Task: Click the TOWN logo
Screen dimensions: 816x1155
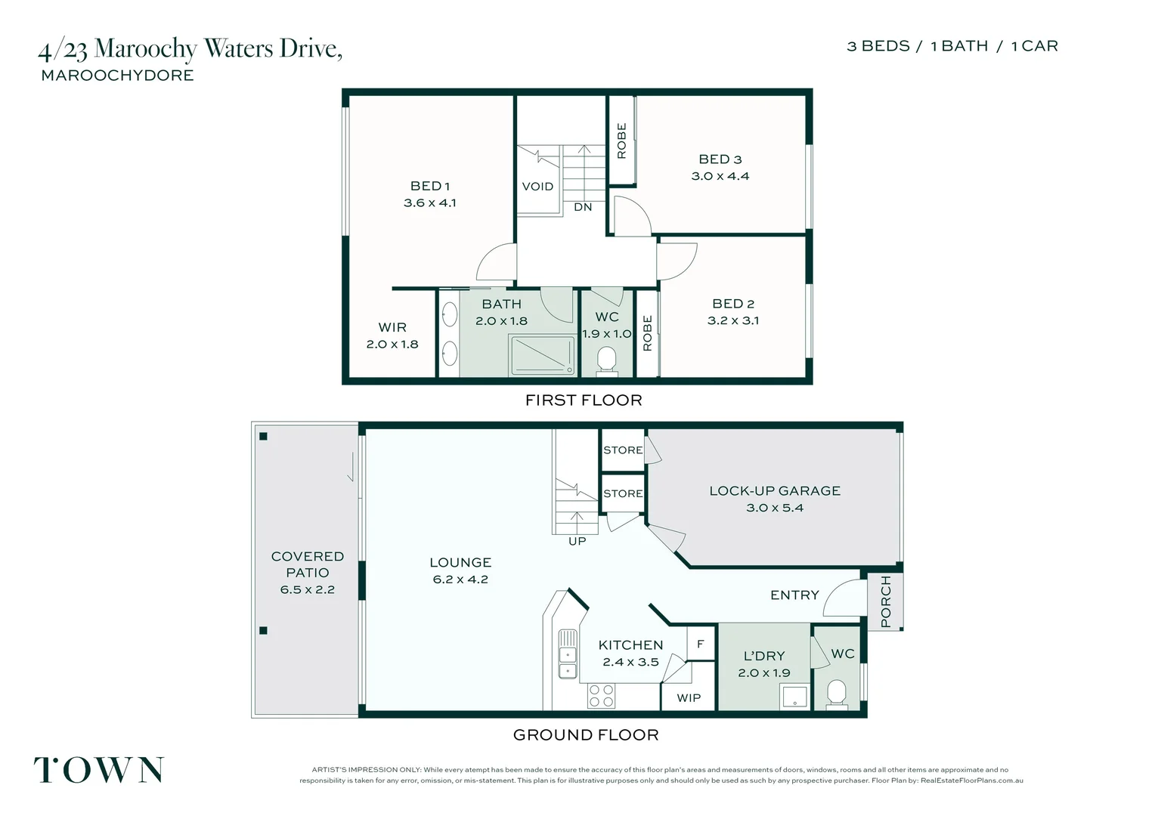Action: click(99, 770)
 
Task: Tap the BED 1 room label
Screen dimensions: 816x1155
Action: click(429, 186)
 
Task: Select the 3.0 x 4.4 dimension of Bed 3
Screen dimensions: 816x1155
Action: click(720, 176)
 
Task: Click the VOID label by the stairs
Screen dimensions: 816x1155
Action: click(537, 187)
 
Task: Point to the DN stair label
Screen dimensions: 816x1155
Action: click(583, 207)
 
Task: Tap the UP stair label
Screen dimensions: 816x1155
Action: click(577, 541)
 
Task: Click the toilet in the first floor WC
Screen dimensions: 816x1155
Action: click(606, 360)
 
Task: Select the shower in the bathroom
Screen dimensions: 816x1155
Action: click(543, 355)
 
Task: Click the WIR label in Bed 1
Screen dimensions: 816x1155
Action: click(392, 327)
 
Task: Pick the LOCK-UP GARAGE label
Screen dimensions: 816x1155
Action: click(774, 491)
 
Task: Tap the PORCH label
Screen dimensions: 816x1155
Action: click(886, 601)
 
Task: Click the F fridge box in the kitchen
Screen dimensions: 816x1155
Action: click(701, 644)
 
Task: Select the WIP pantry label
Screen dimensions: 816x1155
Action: click(688, 697)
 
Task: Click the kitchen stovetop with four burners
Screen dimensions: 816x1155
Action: click(601, 696)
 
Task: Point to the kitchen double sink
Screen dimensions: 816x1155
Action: click(567, 663)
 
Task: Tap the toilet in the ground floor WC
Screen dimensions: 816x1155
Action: click(836, 694)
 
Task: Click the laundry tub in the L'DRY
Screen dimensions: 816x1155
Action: click(794, 697)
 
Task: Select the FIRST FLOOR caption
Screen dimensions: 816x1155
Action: click(584, 400)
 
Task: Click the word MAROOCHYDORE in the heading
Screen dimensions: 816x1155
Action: click(117, 76)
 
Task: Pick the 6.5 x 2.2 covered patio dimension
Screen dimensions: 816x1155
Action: click(307, 589)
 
